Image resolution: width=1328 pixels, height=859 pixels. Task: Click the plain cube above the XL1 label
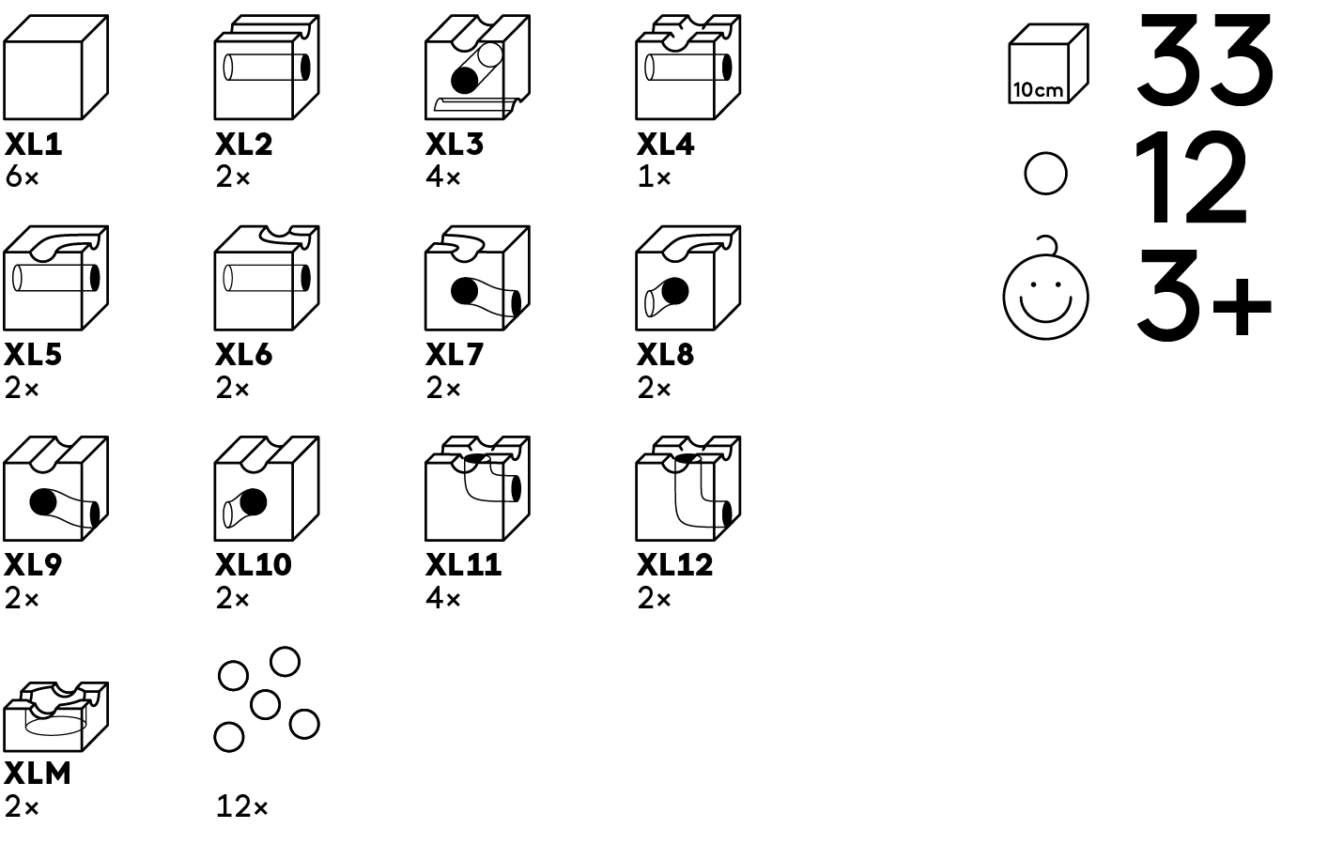tap(55, 68)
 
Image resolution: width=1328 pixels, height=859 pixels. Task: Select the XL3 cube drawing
tap(476, 68)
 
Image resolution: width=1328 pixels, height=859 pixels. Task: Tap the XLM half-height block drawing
tap(55, 717)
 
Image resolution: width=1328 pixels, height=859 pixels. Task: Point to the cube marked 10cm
tap(1047, 65)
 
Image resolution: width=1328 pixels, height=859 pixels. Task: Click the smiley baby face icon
tap(1045, 293)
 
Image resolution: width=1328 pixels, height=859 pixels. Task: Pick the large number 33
tap(1205, 61)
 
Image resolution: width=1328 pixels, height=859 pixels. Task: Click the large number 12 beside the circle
tap(1191, 178)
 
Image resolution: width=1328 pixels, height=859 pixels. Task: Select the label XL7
tap(455, 355)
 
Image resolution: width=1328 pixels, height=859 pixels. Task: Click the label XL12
tap(675, 565)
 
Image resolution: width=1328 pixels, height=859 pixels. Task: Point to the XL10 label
tap(254, 565)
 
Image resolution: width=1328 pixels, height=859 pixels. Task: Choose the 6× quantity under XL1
tap(22, 176)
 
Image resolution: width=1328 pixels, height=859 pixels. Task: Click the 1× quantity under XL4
tap(654, 176)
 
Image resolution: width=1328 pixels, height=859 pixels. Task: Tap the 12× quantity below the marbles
tap(241, 806)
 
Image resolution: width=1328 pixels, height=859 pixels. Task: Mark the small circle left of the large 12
tap(1045, 174)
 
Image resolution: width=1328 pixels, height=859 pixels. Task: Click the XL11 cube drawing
tap(476, 488)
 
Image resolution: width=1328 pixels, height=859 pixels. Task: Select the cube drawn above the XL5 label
tap(55, 278)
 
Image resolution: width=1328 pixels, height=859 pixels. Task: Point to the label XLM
tap(38, 774)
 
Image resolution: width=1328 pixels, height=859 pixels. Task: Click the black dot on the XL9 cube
tap(43, 502)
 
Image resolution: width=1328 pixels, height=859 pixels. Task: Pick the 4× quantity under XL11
tap(443, 598)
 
